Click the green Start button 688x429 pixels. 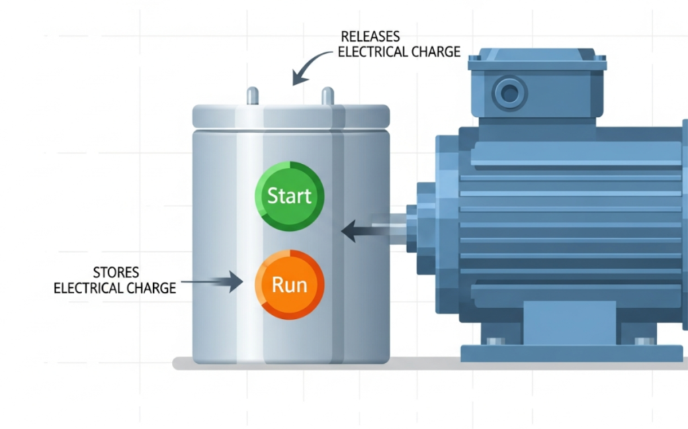(x=290, y=196)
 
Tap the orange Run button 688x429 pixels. (x=290, y=285)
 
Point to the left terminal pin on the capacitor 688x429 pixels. (x=253, y=96)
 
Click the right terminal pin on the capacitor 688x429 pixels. (x=328, y=96)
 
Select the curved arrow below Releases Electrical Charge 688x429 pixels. (x=306, y=70)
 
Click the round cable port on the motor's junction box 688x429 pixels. (x=510, y=93)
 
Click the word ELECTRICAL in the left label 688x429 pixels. (x=87, y=288)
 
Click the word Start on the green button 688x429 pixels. (x=290, y=196)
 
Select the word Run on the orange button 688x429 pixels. (x=290, y=285)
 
